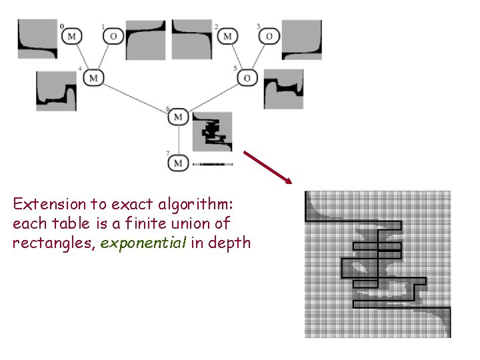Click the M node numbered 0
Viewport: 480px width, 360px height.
pos(72,35)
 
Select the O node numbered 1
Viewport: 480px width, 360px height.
pos(113,35)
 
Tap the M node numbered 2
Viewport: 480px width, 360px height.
pos(228,35)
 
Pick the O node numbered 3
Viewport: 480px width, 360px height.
pos(269,35)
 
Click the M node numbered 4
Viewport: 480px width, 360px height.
pos(93,78)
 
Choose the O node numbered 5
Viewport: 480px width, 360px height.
pos(247,78)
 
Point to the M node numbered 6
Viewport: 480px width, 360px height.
pos(178,117)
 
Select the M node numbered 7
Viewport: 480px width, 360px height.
pos(178,163)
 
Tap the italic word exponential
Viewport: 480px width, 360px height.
pos(144,243)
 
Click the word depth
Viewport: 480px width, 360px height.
pos(230,243)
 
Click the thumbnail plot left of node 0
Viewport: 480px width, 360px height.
pos(37,39)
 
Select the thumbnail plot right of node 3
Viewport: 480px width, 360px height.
pos(301,40)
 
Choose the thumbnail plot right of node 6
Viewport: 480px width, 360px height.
pos(213,131)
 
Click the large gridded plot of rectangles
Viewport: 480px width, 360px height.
pos(377,264)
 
